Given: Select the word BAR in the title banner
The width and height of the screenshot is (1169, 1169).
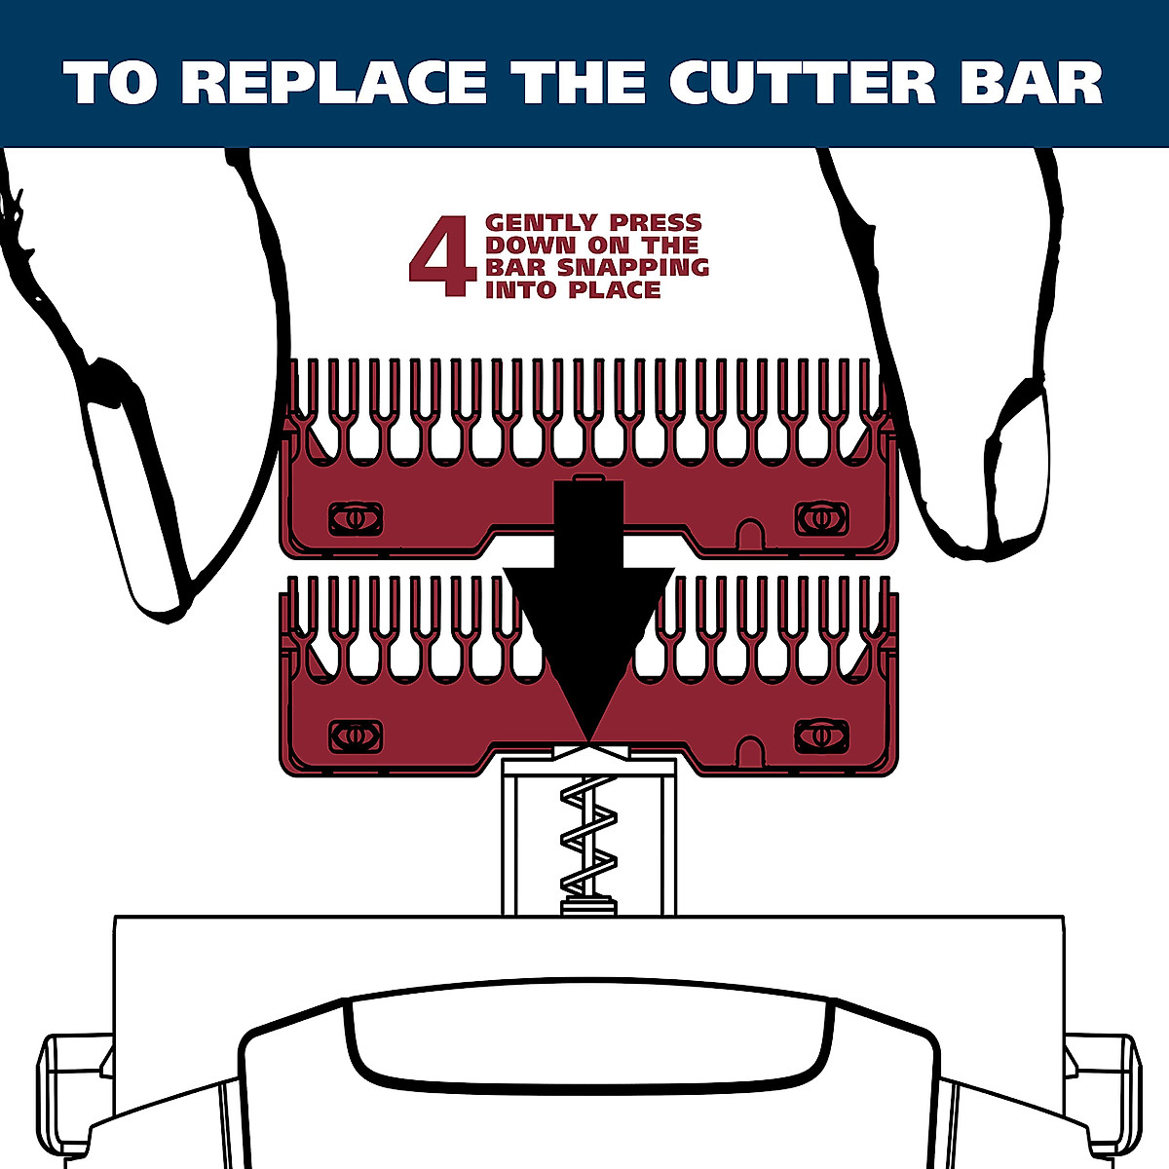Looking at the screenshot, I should click(1031, 83).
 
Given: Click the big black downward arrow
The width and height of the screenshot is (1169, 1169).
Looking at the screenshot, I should click(587, 623).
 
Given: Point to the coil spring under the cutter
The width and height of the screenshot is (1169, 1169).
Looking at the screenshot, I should click(587, 843).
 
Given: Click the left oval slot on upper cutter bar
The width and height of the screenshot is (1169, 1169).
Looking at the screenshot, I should click(356, 518).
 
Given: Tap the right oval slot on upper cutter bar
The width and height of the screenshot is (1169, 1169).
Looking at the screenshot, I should click(821, 518).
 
